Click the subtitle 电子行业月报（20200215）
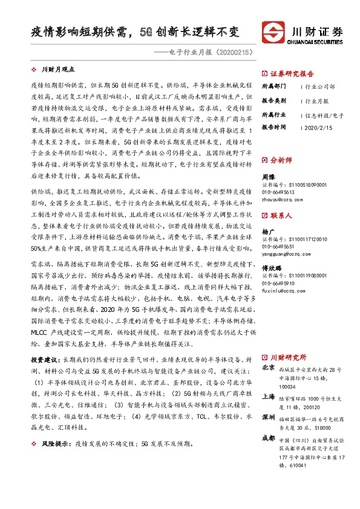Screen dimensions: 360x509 (x=203, y=53)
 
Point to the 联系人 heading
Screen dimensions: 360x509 (x=281, y=215)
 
